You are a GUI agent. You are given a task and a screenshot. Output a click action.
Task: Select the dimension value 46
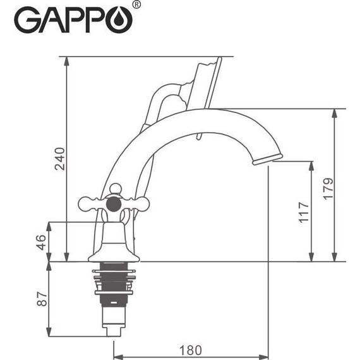click(x=41, y=241)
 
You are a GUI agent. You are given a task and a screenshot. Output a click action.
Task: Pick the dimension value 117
click(x=303, y=213)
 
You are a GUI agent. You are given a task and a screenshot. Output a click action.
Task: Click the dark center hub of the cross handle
click(x=115, y=204)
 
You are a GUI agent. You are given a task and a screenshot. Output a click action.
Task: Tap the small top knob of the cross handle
click(x=115, y=188)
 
